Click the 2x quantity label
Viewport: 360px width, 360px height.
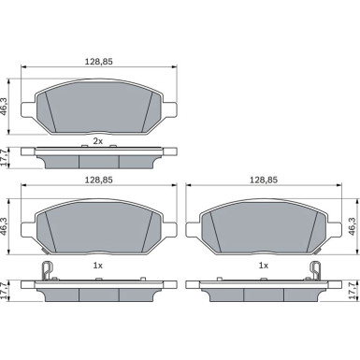tap(98, 141)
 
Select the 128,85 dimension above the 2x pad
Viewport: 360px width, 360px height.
tap(98, 62)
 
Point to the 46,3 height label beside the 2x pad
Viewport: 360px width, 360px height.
tap(5, 107)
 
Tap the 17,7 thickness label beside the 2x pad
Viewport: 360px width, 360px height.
tap(5, 158)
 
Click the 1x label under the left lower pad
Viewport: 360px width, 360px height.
tap(98, 266)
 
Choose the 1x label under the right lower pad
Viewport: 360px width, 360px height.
tap(264, 266)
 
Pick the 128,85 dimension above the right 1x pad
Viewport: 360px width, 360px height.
tap(264, 180)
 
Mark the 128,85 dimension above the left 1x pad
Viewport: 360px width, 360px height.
tap(98, 180)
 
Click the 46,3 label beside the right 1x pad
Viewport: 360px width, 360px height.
tap(353, 226)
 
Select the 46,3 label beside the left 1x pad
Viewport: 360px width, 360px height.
tap(5, 226)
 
